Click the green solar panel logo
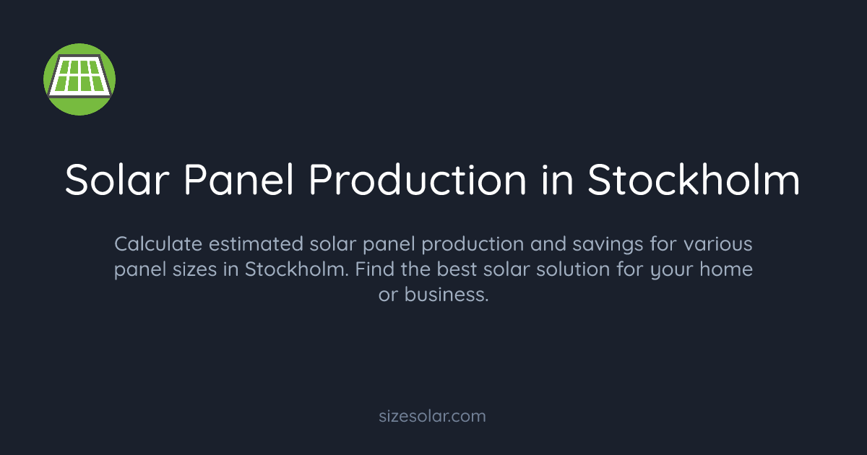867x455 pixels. pyautogui.click(x=79, y=79)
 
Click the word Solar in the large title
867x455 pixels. pyautogui.click(x=118, y=180)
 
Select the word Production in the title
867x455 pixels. pyautogui.click(x=418, y=180)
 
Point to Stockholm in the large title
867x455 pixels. pyautogui.click(x=693, y=180)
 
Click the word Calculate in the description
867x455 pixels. pyautogui.click(x=152, y=244)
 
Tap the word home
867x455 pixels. pyautogui.click(x=728, y=270)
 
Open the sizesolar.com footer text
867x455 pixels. pyautogui.click(x=433, y=416)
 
